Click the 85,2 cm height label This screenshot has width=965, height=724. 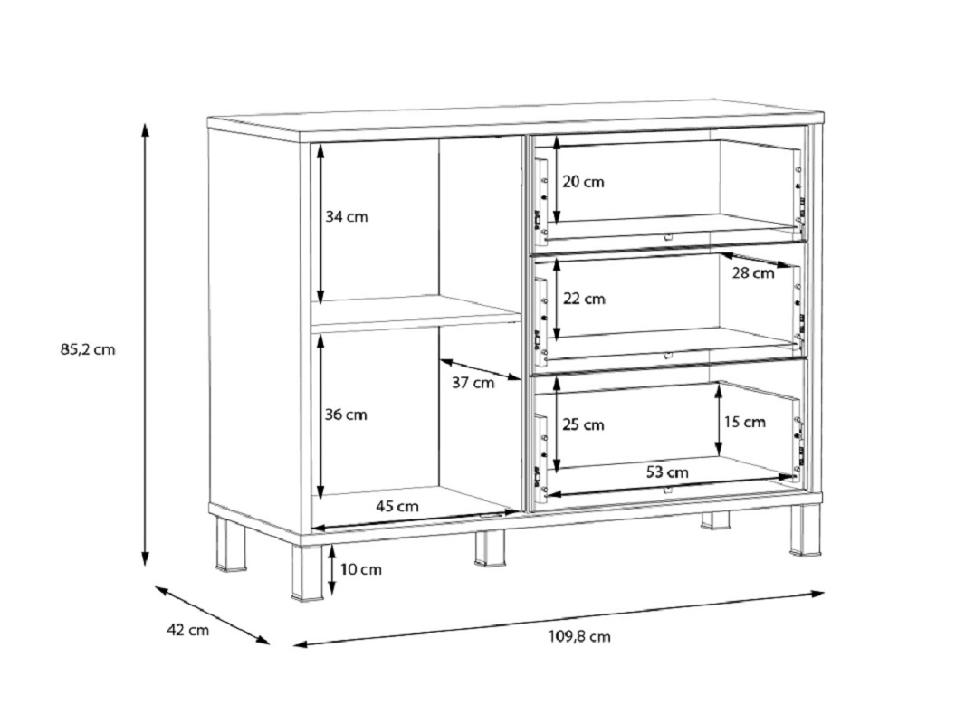click(x=88, y=350)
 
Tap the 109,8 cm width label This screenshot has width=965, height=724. click(x=579, y=636)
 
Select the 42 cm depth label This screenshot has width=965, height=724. click(x=187, y=631)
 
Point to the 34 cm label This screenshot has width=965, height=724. click(x=347, y=216)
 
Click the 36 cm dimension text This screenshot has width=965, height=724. click(x=346, y=414)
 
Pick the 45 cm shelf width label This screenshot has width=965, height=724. click(x=397, y=506)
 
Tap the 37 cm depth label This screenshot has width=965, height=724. click(x=473, y=383)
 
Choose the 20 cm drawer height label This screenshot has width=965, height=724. click(x=583, y=182)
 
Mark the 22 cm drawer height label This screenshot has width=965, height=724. click(x=584, y=299)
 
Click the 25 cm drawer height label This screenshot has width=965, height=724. click(x=583, y=425)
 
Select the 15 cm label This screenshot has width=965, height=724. click(x=745, y=422)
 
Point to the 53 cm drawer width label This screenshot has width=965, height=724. click(x=668, y=472)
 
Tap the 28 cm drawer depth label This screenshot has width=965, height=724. click(x=753, y=273)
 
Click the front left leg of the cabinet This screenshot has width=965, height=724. click(x=307, y=572)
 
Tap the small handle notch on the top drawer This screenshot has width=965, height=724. click(x=668, y=236)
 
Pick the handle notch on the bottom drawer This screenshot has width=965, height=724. click(x=668, y=491)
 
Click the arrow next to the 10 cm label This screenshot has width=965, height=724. click(x=332, y=569)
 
